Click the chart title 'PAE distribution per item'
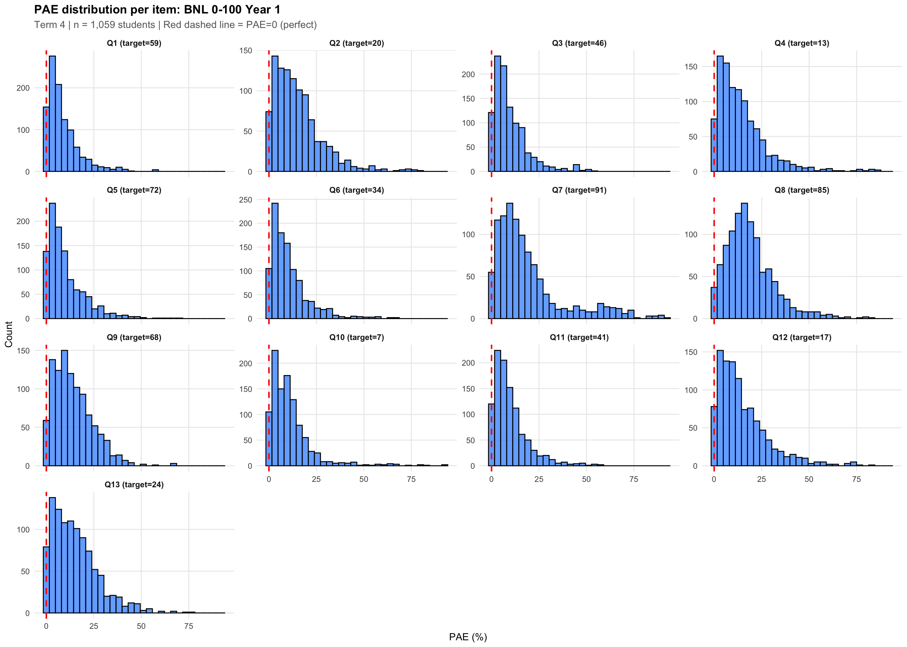pyautogui.click(x=157, y=9)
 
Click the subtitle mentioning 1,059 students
pyautogui.click(x=175, y=25)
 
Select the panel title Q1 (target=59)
pyautogui.click(x=134, y=43)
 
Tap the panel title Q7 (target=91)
pyautogui.click(x=579, y=190)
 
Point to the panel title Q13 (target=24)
pyautogui.click(x=134, y=485)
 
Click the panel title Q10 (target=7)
pyautogui.click(x=357, y=337)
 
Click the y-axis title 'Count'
pyautogui.click(x=9, y=334)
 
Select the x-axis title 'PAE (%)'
pyautogui.click(x=468, y=637)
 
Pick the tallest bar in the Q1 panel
pyautogui.click(x=52, y=114)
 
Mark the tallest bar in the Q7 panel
pyautogui.click(x=509, y=261)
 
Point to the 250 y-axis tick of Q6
pyautogui.click(x=246, y=199)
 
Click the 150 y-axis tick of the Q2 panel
pyautogui.click(x=246, y=51)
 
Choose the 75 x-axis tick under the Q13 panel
pyautogui.click(x=189, y=626)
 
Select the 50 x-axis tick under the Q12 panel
pyautogui.click(x=809, y=479)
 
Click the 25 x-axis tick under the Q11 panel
pyautogui.click(x=539, y=479)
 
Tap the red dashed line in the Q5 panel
pyautogui.click(x=46, y=259)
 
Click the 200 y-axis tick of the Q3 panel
pyautogui.click(x=468, y=74)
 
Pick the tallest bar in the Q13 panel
pyautogui.click(x=52, y=555)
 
